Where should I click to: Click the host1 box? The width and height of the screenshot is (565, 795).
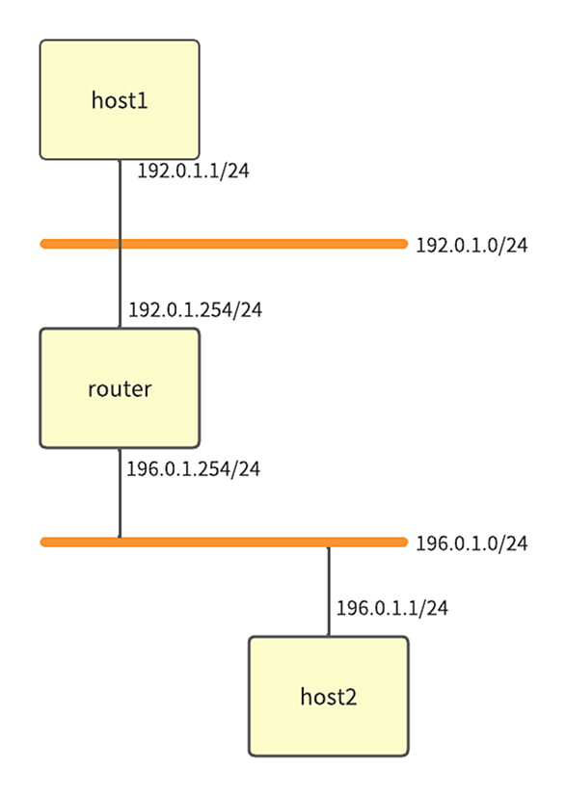(120, 100)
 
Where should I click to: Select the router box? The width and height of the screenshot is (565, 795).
(120, 388)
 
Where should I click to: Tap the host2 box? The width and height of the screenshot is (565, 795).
(329, 696)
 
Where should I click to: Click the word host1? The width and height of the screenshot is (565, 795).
(120, 100)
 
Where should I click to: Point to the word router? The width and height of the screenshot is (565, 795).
(120, 389)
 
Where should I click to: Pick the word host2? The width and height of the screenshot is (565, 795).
(329, 697)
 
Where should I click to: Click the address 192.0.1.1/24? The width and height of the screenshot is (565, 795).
(193, 171)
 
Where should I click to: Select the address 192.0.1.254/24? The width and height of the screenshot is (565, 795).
(196, 309)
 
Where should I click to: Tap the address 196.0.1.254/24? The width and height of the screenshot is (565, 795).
(193, 469)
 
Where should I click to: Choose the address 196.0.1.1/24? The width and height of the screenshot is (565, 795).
(392, 608)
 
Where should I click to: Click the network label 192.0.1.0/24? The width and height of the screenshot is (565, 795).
(471, 246)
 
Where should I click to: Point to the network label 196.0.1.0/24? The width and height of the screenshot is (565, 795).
(471, 543)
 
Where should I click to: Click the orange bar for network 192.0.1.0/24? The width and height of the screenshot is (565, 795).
(224, 245)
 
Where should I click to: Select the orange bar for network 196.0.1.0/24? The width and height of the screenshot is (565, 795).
(224, 543)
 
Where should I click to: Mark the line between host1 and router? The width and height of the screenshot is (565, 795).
(120, 244)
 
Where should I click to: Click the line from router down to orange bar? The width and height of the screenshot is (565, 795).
(120, 492)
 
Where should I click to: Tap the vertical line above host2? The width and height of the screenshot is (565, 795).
(329, 592)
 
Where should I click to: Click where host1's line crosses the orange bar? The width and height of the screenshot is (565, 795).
(120, 245)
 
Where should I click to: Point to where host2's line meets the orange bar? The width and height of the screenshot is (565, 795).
(329, 546)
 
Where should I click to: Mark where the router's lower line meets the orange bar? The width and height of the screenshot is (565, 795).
(120, 539)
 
